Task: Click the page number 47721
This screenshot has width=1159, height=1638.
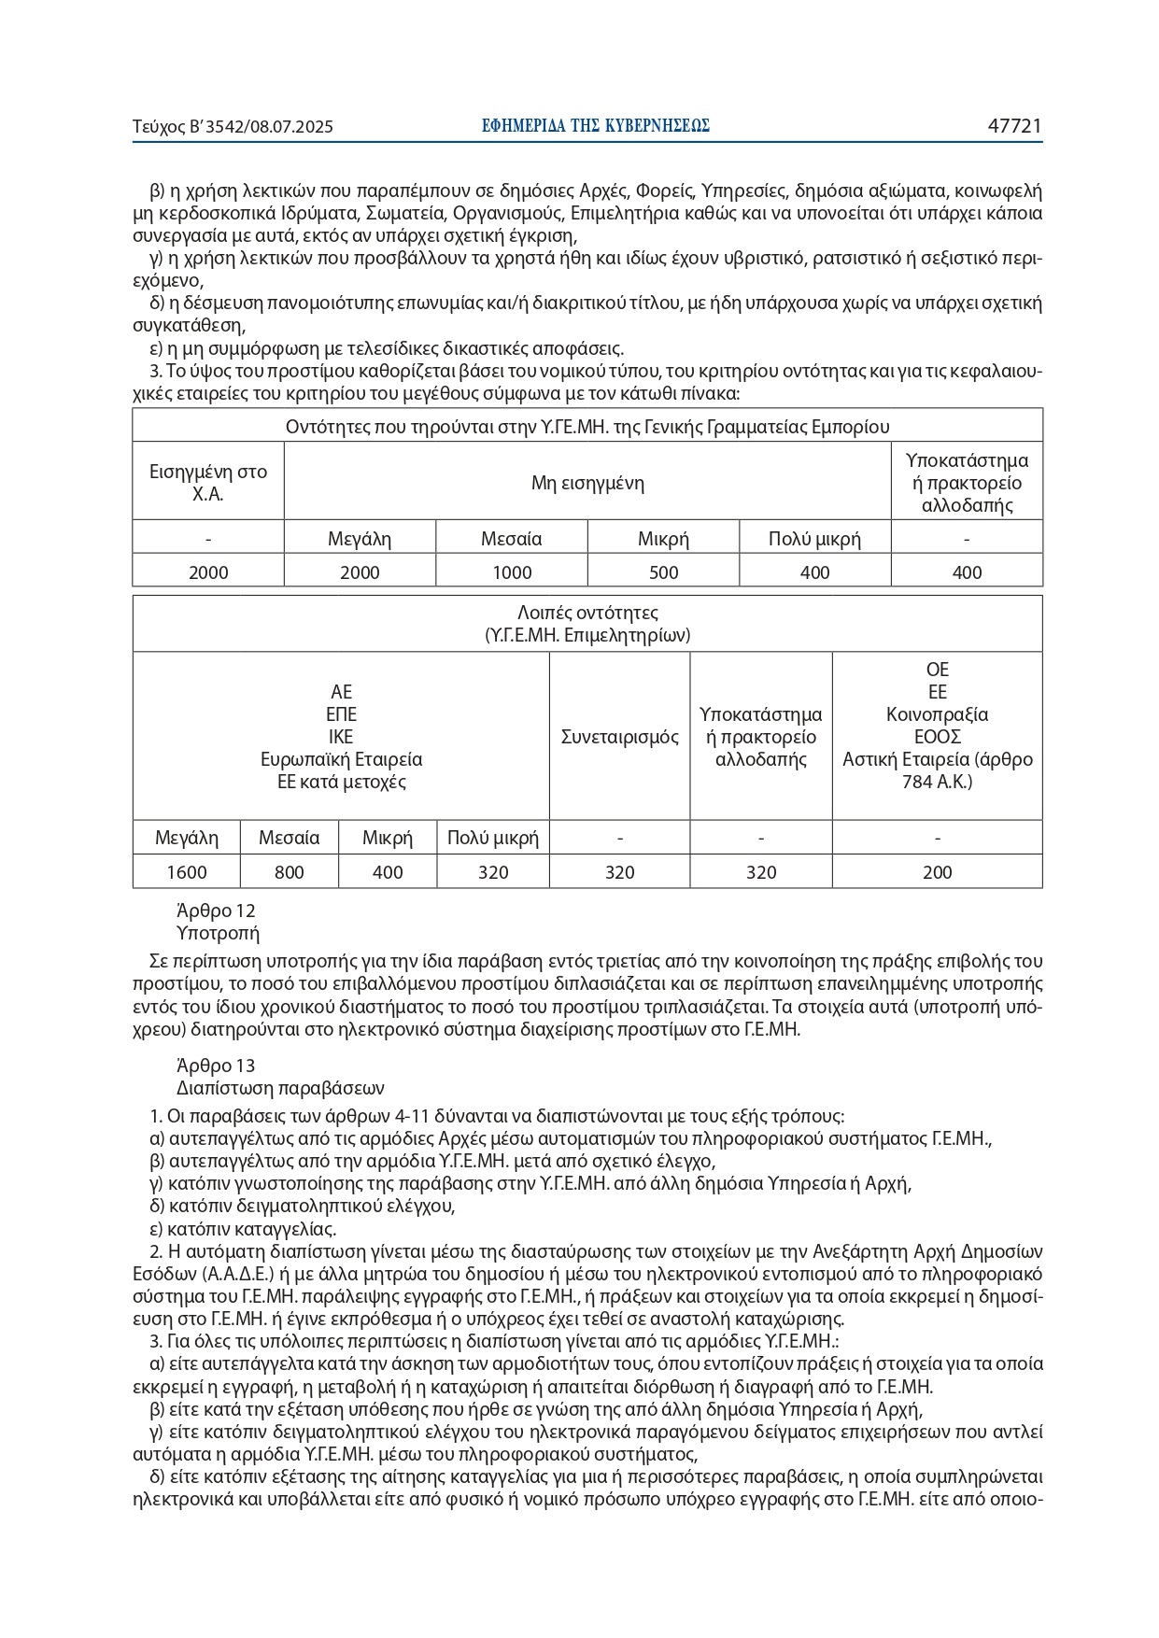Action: pyautogui.click(x=1014, y=126)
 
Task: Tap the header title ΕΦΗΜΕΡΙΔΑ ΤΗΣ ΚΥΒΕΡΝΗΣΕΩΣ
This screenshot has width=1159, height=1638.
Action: pyautogui.click(x=596, y=126)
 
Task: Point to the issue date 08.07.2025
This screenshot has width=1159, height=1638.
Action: pyautogui.click(x=289, y=127)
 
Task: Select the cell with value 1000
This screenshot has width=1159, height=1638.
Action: pyautogui.click(x=512, y=572)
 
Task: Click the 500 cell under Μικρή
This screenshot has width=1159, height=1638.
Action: pyautogui.click(x=663, y=572)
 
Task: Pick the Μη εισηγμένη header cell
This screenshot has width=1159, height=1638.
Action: pyautogui.click(x=587, y=483)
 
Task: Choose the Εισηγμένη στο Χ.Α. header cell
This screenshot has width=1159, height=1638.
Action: pyautogui.click(x=208, y=483)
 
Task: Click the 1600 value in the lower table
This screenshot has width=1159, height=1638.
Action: pyautogui.click(x=187, y=872)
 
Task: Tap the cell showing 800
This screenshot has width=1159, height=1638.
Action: pyautogui.click(x=290, y=872)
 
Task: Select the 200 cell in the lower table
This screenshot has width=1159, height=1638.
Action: pyautogui.click(x=937, y=872)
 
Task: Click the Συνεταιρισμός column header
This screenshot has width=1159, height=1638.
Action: pyautogui.click(x=620, y=737)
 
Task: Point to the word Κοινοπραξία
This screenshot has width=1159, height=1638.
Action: pyautogui.click(x=937, y=714)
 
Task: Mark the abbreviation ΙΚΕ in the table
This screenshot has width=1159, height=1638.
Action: pyautogui.click(x=341, y=737)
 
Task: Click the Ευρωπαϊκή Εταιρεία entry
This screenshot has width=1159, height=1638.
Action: pyautogui.click(x=341, y=759)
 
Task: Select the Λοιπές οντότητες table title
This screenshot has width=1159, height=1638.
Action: pyautogui.click(x=587, y=613)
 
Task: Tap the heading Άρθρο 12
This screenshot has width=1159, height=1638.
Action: pyautogui.click(x=216, y=911)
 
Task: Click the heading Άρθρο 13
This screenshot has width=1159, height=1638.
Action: pyautogui.click(x=216, y=1066)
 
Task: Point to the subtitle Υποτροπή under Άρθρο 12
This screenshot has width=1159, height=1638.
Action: pyautogui.click(x=218, y=933)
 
